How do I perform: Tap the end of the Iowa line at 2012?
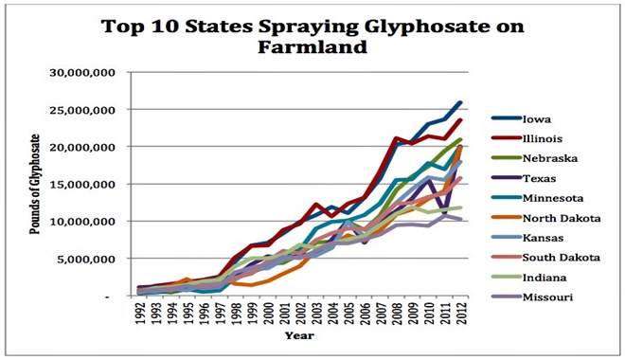point(460,102)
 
